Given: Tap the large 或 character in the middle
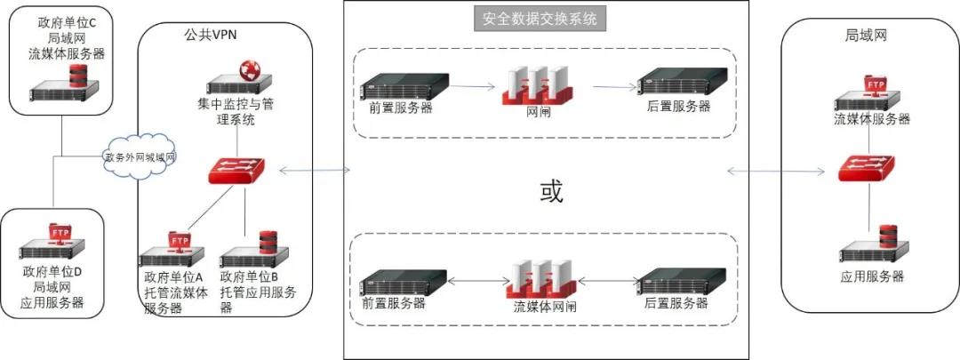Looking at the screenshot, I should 551,191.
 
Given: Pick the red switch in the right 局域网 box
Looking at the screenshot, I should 868,168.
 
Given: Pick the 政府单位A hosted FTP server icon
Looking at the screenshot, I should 173,250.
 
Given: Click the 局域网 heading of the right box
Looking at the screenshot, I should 866,36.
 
